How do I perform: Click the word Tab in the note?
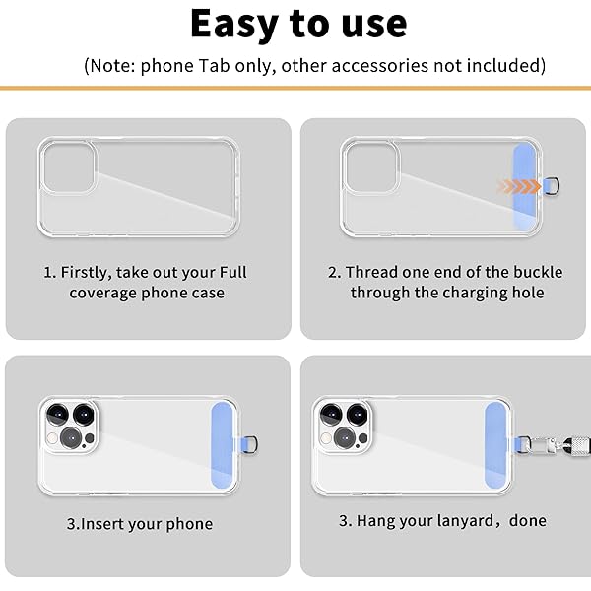click(x=214, y=66)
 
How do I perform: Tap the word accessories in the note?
click(x=380, y=66)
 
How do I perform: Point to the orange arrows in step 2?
click(x=519, y=186)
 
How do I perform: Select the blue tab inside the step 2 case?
click(x=525, y=187)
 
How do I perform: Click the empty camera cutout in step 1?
click(x=68, y=167)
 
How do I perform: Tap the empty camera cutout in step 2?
click(x=370, y=167)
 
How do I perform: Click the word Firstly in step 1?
click(x=86, y=273)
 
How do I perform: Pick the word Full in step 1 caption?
click(x=232, y=272)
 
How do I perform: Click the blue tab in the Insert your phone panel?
click(x=224, y=446)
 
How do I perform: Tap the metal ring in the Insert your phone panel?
click(x=251, y=443)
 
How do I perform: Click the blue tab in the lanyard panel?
click(x=496, y=446)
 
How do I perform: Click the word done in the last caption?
click(x=527, y=520)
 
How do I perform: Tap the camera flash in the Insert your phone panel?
click(x=53, y=438)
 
